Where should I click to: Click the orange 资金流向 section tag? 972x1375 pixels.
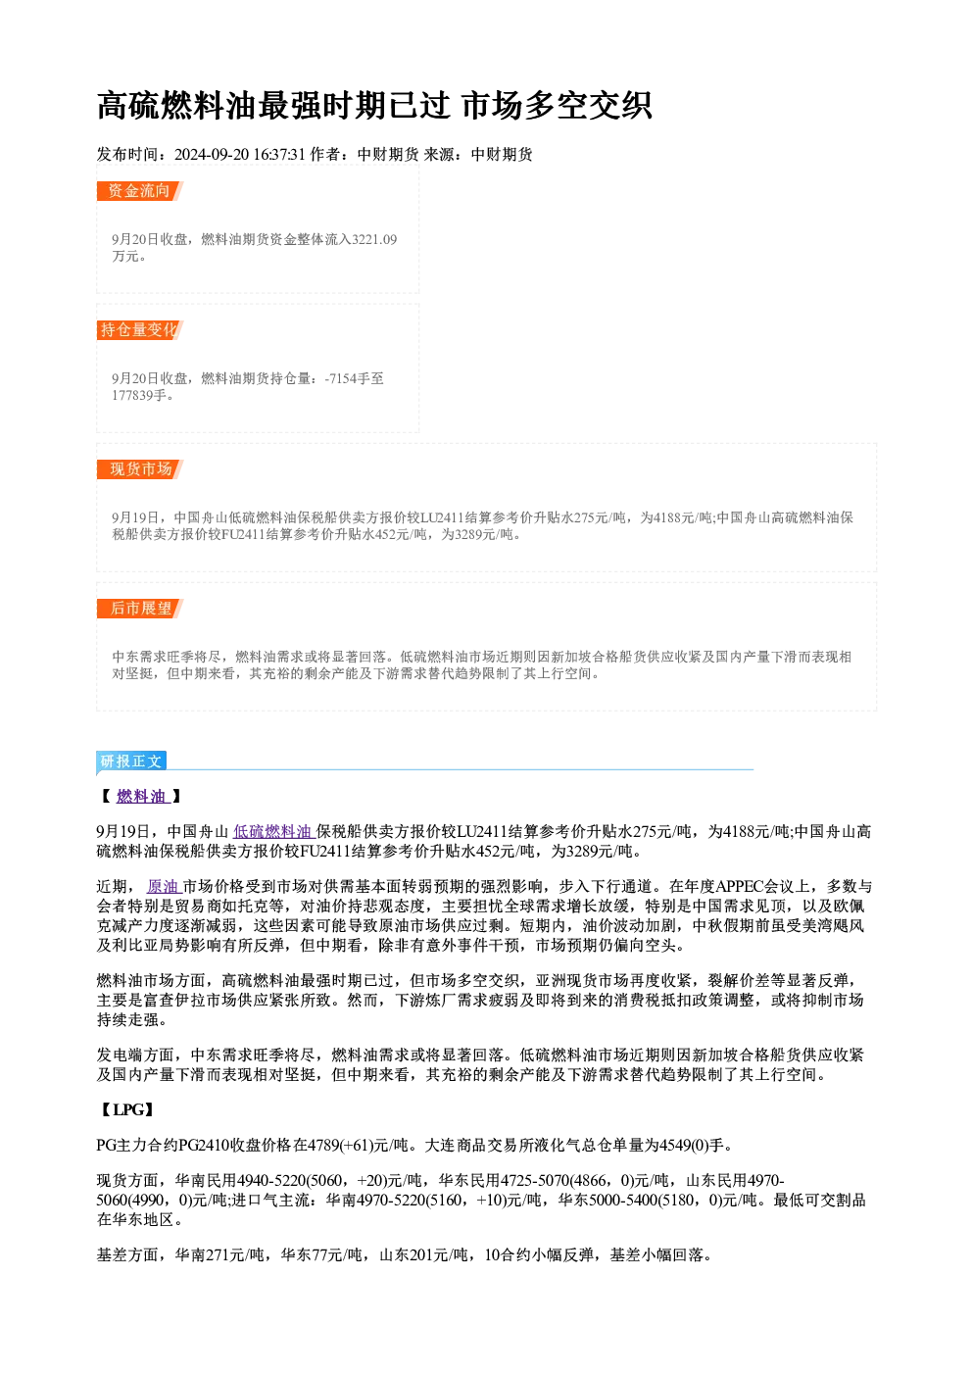[x=139, y=191]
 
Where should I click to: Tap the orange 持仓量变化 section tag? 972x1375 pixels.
[x=139, y=330]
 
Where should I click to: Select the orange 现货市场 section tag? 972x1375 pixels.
[x=139, y=469]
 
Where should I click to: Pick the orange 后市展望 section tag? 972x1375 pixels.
[x=139, y=609]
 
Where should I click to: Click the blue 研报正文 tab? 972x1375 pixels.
[x=131, y=761]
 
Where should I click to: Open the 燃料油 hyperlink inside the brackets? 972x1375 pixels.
[x=142, y=797]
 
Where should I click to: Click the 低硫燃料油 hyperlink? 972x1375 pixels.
[x=273, y=832]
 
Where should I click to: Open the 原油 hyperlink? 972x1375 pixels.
[x=164, y=886]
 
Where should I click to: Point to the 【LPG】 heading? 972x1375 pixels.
[x=125, y=1109]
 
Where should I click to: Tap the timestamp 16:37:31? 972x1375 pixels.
[x=279, y=154]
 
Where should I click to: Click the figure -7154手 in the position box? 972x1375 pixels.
[x=346, y=378]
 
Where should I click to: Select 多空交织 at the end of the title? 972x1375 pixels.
[x=588, y=105]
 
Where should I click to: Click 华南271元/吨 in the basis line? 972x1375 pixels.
[x=220, y=1254]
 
